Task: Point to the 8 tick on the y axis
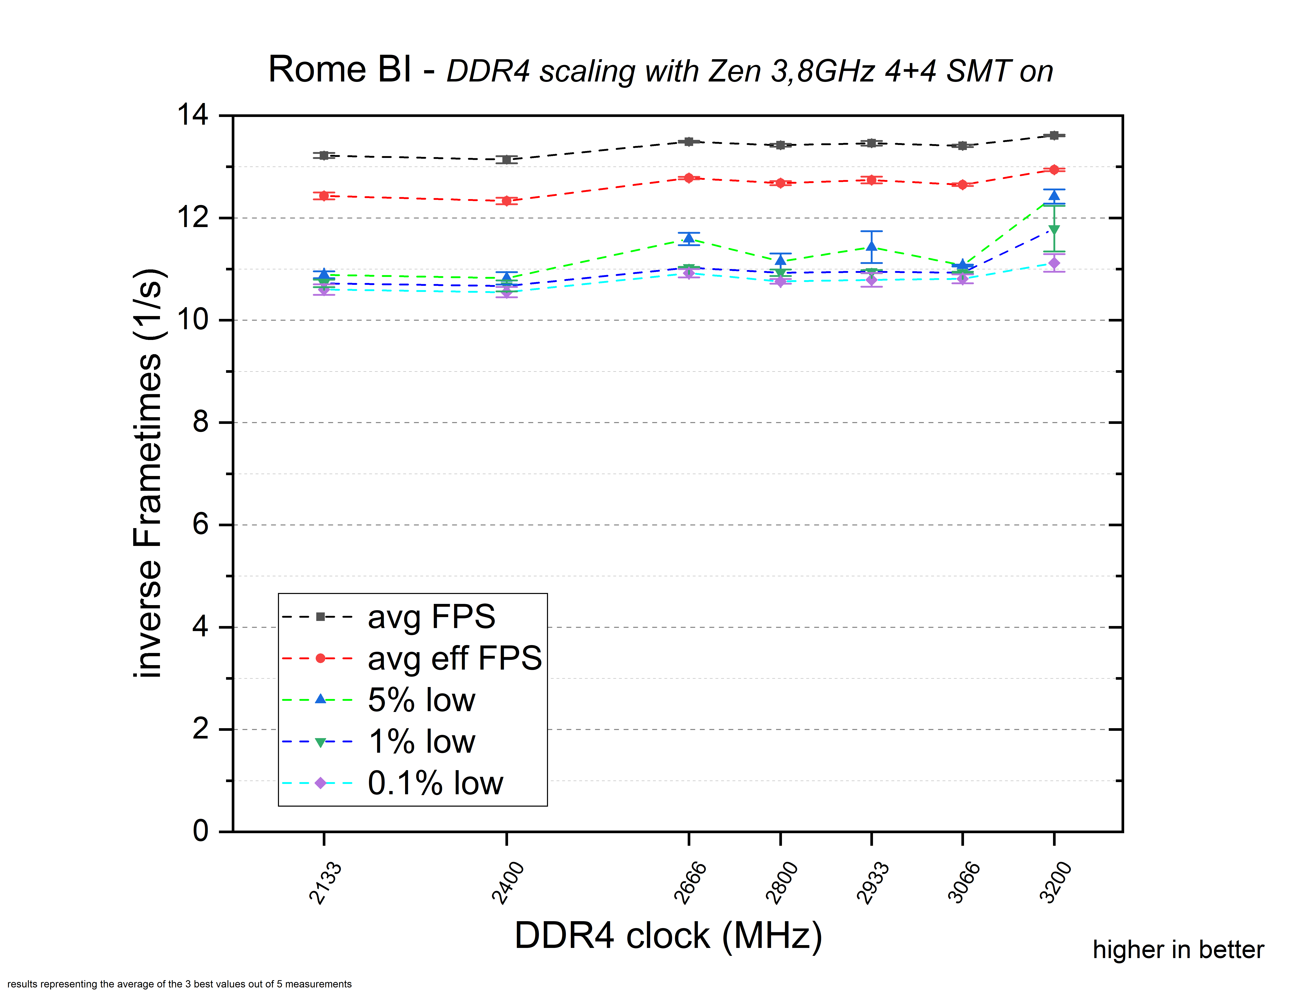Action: point(201,422)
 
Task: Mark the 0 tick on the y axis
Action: point(201,831)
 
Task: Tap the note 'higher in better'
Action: point(1178,950)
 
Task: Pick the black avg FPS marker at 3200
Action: point(1054,135)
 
